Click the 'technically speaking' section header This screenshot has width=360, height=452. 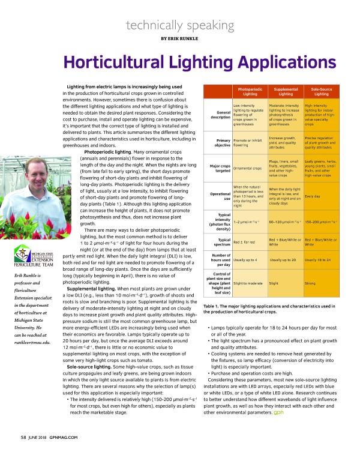(179, 25)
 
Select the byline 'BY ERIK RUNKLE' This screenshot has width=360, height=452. (179, 38)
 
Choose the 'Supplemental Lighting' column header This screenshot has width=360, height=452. (286, 92)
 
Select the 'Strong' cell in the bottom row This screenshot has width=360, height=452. (310, 283)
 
